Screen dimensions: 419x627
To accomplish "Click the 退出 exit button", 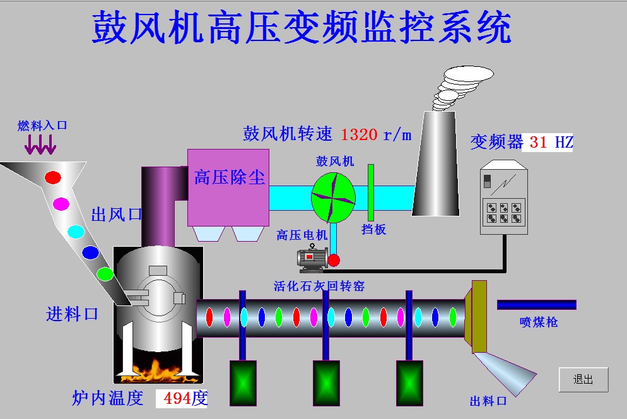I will point(583,380).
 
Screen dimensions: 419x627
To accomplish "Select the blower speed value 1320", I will point(359,134).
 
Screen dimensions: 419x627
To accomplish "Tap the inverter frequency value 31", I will point(538,143).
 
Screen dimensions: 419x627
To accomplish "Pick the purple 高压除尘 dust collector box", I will point(228,187).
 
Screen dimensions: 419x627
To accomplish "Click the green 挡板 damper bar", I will point(371,192).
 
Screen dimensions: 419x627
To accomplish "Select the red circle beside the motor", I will point(334,260).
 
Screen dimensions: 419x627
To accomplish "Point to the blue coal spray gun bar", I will point(536,305).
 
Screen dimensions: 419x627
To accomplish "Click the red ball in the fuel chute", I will point(53,177).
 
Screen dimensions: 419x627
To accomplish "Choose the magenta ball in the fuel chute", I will point(61,203).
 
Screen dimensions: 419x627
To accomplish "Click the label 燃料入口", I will point(42,126).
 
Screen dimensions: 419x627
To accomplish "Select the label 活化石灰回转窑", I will point(319,286).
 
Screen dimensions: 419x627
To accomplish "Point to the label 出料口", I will point(488,401).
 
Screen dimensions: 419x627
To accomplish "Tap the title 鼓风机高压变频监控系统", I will point(302,28).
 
